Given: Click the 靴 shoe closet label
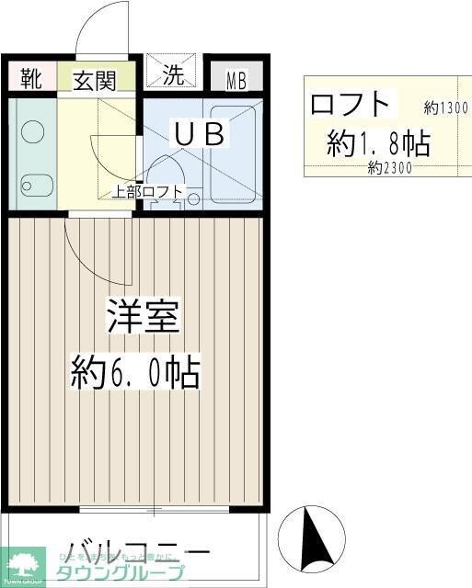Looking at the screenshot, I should [31, 80].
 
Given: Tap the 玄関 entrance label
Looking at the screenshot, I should [95, 80].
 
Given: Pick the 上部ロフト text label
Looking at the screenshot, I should [148, 192].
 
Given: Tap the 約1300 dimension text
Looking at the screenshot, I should [446, 107].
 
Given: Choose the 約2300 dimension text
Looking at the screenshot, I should [389, 168].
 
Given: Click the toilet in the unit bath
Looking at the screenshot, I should [166, 175].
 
